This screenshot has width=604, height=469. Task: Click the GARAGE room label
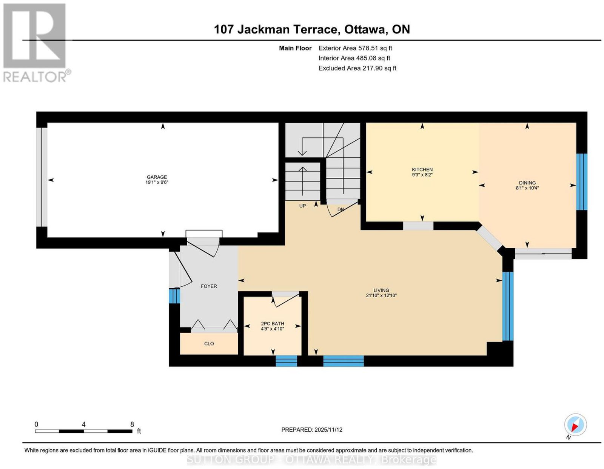click(x=157, y=177)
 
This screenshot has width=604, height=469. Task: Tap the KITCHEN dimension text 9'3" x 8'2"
click(x=422, y=175)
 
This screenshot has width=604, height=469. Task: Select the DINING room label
click(x=527, y=183)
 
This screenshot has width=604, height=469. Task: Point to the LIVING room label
click(x=381, y=290)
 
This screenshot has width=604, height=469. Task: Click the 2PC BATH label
click(x=273, y=323)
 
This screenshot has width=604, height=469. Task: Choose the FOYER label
click(x=209, y=286)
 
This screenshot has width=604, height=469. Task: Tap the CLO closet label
click(x=209, y=343)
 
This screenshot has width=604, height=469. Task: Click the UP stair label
click(x=302, y=206)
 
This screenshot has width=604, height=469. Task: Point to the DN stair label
click(x=341, y=209)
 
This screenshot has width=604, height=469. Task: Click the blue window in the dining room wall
click(x=581, y=182)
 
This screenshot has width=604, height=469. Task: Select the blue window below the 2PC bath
click(x=286, y=361)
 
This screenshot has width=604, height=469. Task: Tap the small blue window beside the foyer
click(x=174, y=296)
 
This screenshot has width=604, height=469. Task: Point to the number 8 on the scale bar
click(x=132, y=424)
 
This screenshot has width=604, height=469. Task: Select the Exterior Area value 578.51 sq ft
click(x=375, y=48)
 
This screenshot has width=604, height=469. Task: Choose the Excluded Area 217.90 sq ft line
click(x=357, y=68)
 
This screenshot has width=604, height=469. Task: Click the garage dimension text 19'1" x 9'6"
click(x=157, y=182)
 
